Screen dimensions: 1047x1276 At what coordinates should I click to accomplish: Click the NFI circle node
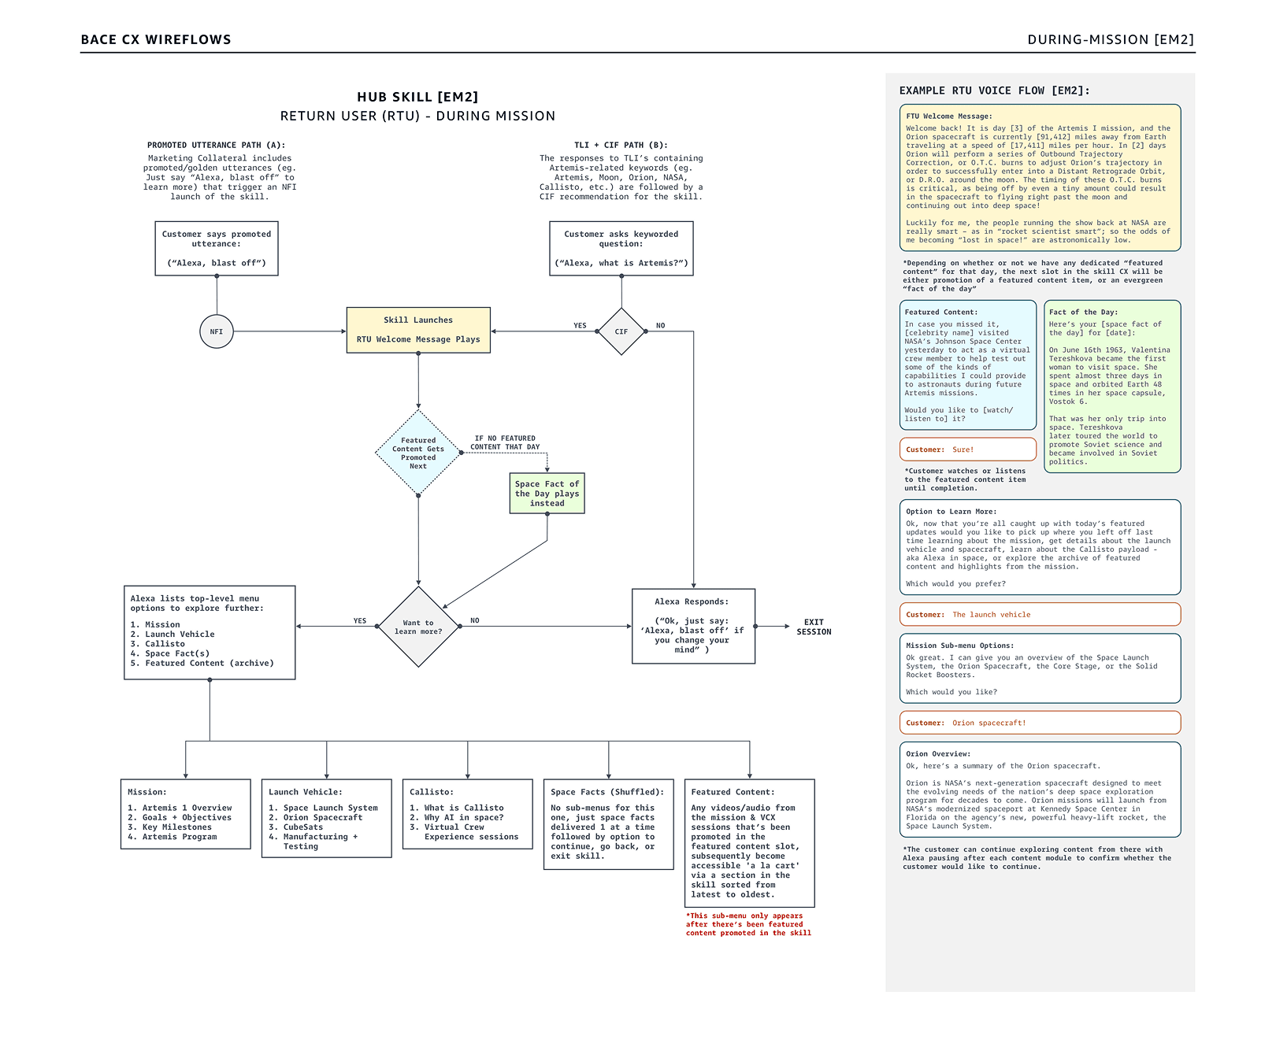[217, 331]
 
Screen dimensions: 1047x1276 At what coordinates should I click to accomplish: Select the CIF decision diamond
[621, 331]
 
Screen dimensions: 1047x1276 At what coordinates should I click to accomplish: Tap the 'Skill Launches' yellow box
[418, 330]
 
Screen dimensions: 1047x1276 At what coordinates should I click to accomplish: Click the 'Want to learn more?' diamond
[418, 627]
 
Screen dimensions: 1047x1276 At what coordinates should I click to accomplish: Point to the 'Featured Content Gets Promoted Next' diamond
[418, 453]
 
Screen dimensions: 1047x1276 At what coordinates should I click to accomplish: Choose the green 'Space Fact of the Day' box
[547, 494]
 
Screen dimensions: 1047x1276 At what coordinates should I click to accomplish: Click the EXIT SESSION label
[814, 627]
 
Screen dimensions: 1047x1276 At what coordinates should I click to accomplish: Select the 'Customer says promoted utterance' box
[217, 248]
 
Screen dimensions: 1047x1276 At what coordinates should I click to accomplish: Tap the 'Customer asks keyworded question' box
[621, 248]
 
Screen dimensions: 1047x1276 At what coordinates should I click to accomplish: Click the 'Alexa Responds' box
[693, 626]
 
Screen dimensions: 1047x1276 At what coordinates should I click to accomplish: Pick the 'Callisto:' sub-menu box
[468, 814]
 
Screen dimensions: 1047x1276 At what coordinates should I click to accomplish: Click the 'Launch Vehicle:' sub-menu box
[327, 818]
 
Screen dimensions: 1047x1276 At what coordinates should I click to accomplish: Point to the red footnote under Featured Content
[748, 924]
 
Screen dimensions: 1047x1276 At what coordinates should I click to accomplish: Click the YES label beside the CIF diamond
[580, 325]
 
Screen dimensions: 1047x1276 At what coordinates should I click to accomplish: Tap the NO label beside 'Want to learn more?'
[475, 620]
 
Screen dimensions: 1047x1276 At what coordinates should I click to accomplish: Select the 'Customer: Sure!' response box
[967, 450]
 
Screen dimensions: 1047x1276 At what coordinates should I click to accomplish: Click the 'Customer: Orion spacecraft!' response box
[1040, 723]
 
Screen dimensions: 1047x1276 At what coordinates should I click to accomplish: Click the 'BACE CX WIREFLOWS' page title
[156, 39]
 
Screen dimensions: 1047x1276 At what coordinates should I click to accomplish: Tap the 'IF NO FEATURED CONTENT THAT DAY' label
[505, 442]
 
